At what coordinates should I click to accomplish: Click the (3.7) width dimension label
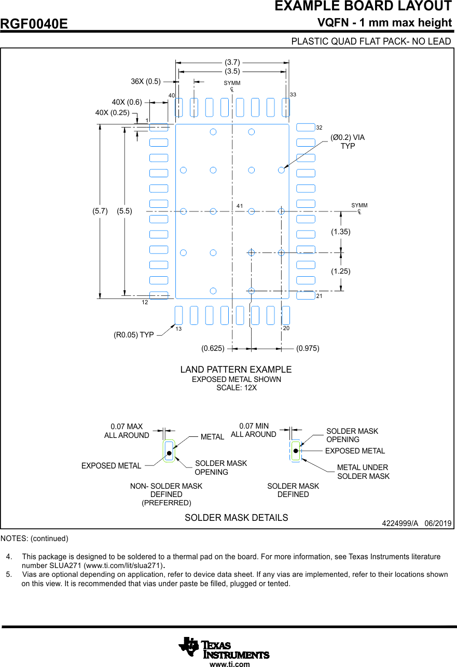pyautogui.click(x=232, y=62)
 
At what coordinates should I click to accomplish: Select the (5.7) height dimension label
pyautogui.click(x=100, y=211)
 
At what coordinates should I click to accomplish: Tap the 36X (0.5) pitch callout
pyautogui.click(x=146, y=81)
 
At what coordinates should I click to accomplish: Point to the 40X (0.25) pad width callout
pyautogui.click(x=112, y=112)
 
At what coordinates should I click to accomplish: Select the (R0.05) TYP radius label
pyautogui.click(x=134, y=335)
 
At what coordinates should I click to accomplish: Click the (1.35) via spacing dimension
pyautogui.click(x=341, y=232)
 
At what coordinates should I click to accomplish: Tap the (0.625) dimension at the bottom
pyautogui.click(x=213, y=348)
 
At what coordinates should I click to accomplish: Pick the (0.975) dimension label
pyautogui.click(x=308, y=348)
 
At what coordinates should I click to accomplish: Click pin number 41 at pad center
pyautogui.click(x=240, y=206)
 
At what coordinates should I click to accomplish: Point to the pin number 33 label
pyautogui.click(x=293, y=95)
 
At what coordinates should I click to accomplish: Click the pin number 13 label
pyautogui.click(x=178, y=329)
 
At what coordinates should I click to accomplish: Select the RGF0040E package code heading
pyautogui.click(x=34, y=24)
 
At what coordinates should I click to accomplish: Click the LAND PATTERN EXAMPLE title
pyautogui.click(x=236, y=370)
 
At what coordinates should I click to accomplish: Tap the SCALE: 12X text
pyautogui.click(x=237, y=388)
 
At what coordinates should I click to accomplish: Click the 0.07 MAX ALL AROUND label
pyautogui.click(x=127, y=431)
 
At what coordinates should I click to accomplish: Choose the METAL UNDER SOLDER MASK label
pyautogui.click(x=363, y=472)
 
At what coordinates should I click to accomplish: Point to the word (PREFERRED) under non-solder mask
pyautogui.click(x=167, y=503)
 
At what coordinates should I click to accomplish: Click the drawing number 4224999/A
pyautogui.click(x=400, y=523)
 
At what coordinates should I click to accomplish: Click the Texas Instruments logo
pyautogui.click(x=224, y=648)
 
